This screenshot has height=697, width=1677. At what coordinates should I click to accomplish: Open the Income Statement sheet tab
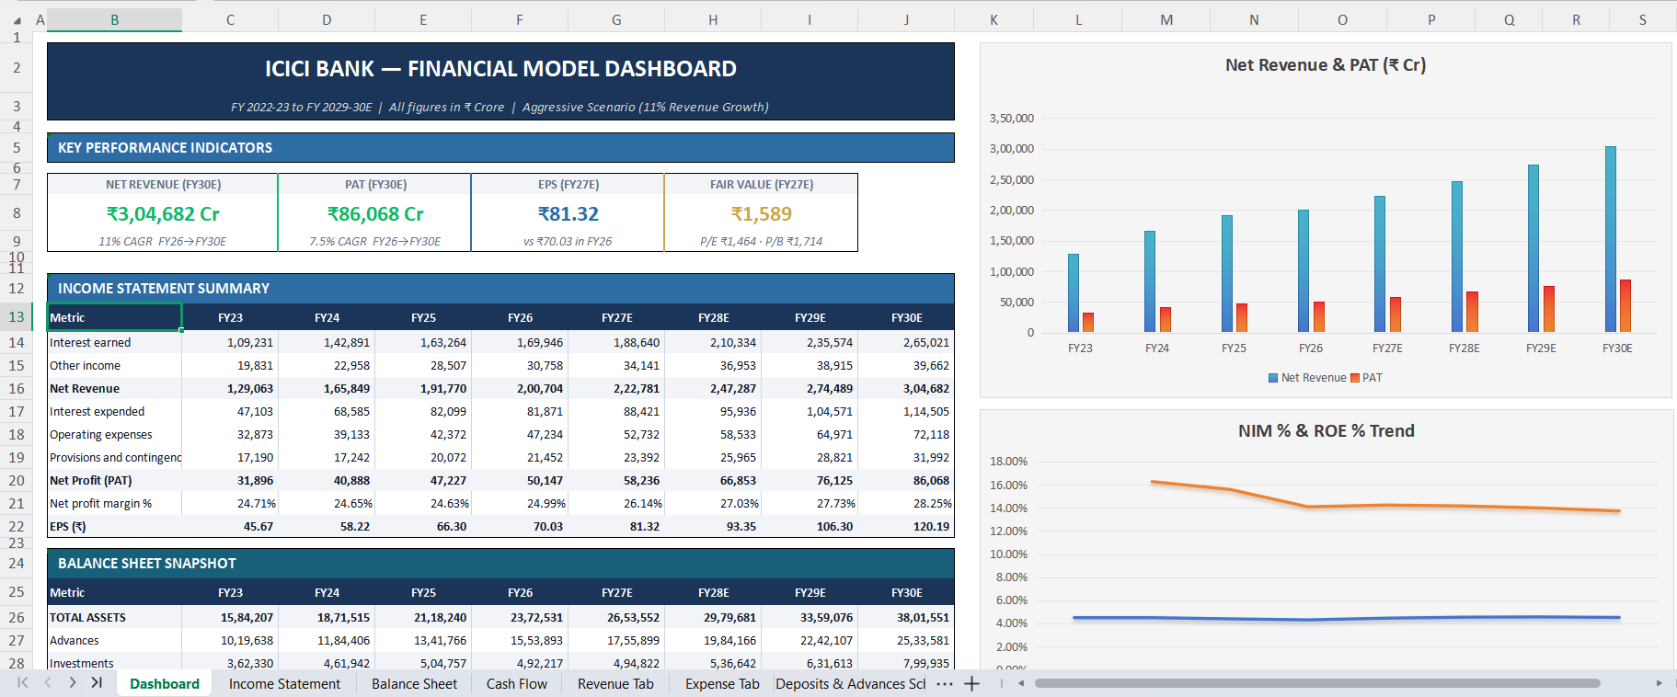pos(284,684)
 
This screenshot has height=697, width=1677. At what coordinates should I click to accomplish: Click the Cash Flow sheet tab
pos(517,684)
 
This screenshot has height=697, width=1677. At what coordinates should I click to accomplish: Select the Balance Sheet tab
pos(414,684)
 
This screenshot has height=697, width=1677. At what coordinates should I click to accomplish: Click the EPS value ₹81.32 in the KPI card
pos(569,214)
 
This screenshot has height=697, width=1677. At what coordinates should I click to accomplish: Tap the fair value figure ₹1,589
pos(762,214)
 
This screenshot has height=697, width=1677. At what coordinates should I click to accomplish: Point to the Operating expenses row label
pos(101,435)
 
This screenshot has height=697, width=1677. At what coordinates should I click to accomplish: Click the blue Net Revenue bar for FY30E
pos(1611,239)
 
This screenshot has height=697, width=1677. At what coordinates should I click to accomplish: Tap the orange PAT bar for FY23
pos(1088,323)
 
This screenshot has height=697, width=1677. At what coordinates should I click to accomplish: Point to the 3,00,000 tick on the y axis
pos(1011,149)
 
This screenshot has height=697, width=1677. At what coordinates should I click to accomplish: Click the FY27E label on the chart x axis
pos(1387,348)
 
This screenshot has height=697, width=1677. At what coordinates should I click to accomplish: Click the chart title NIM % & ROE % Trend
pos(1326,431)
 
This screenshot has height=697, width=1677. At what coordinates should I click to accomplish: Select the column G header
pos(616,19)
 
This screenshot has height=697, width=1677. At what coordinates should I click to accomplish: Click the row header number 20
pos(17,481)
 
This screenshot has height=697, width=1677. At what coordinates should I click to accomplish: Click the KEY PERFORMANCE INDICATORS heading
pos(165,148)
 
